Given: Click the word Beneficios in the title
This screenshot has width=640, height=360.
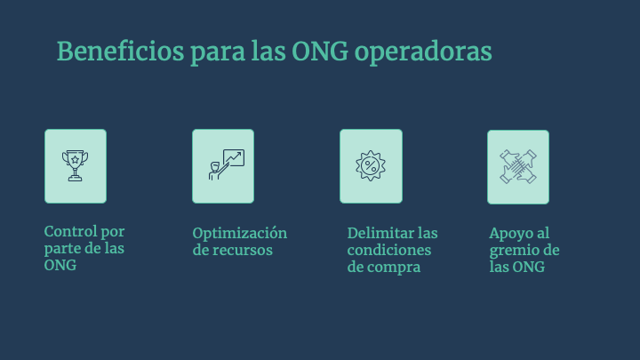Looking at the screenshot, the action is tap(120, 52).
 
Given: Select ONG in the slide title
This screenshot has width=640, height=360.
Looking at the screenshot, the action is tap(320, 52).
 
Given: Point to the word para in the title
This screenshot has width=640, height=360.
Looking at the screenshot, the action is tap(218, 54).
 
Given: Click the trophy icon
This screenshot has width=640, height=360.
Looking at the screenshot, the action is tap(75, 165).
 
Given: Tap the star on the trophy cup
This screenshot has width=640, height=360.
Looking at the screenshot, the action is tap(75, 160).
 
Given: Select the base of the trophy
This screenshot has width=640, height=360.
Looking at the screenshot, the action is tap(75, 178).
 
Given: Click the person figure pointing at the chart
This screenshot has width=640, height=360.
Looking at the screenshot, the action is tap(216, 171).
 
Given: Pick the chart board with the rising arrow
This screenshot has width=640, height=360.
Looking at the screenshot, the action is tap(234, 157).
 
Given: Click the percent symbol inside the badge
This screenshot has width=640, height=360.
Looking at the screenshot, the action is tap(371, 165).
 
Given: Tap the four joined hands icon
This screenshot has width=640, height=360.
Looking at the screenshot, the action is tap(518, 166).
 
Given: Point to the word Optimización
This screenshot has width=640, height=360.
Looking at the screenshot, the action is tap(240, 234).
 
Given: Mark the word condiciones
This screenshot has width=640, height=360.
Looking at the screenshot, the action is tap(389, 250).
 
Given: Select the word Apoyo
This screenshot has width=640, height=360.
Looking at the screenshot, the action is tap(510, 234).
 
